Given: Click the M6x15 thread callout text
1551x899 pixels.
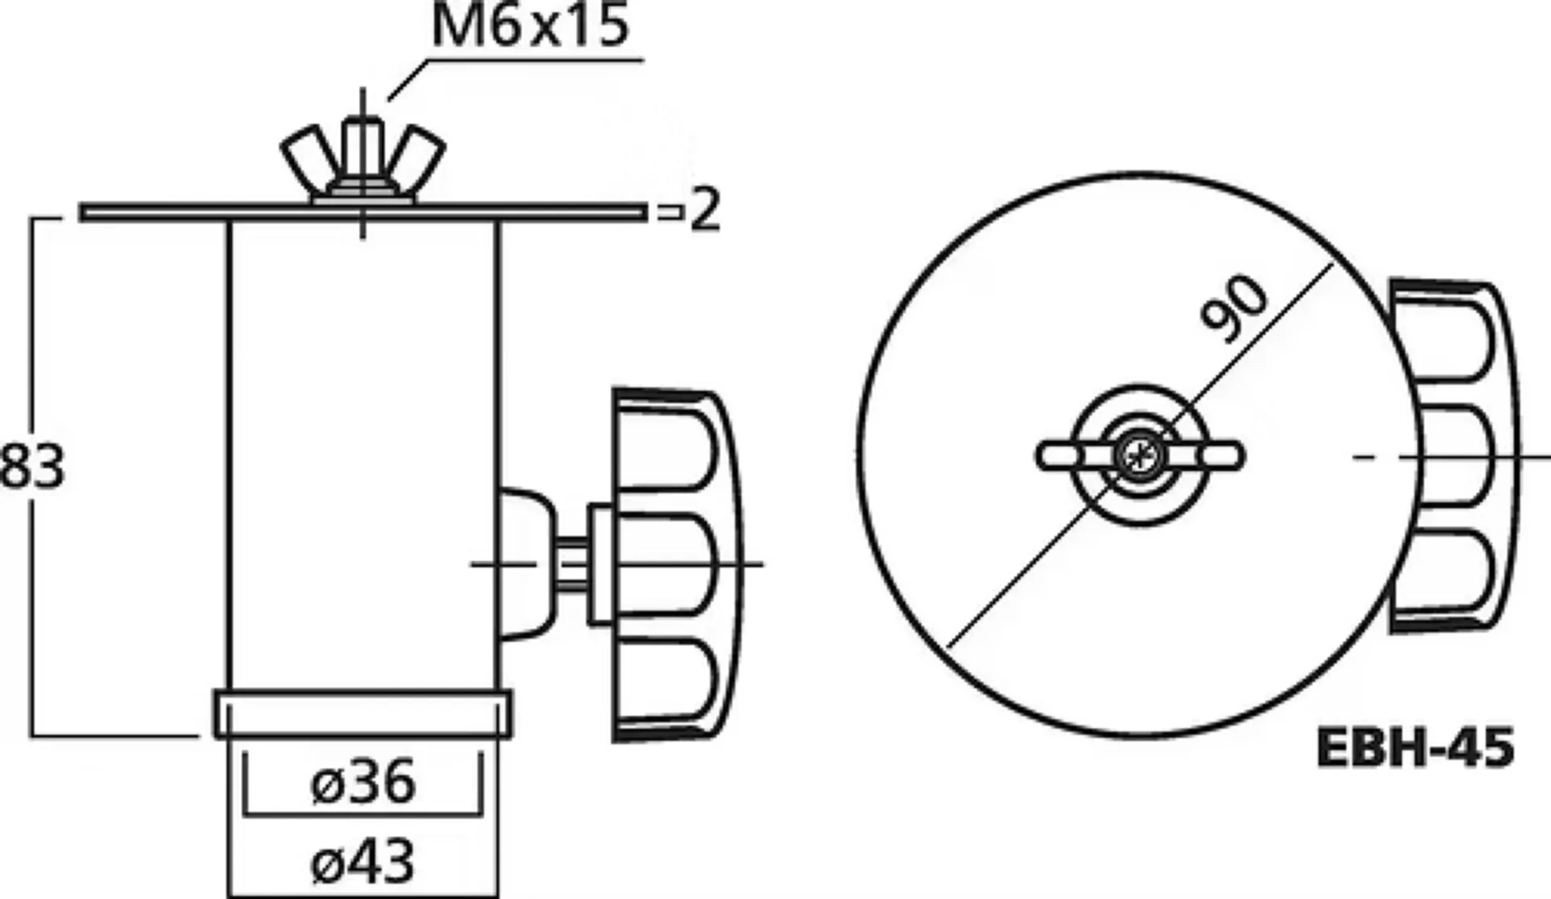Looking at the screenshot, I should coord(529,26).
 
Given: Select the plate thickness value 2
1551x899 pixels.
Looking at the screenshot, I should coord(704,211).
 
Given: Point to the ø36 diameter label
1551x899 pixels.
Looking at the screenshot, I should coord(363,781).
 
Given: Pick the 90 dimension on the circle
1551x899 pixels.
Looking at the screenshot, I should coord(1234,309).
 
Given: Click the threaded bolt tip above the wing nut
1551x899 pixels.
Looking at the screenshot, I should coord(363,133).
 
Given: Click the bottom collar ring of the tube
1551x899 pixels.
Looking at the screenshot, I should coord(363,714).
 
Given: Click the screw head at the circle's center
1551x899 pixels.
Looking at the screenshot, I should coord(1139,456).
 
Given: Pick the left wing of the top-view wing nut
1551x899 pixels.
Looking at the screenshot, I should coord(1062,456).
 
